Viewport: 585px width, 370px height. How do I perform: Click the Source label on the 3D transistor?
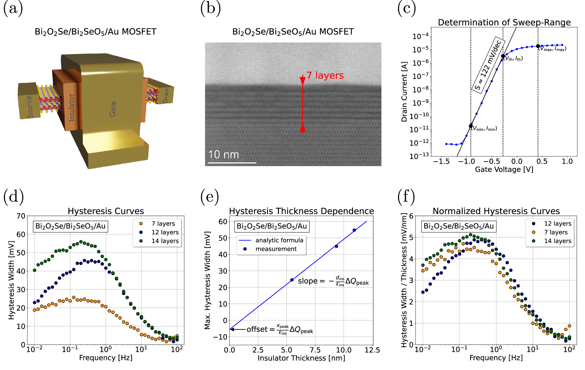[30, 106]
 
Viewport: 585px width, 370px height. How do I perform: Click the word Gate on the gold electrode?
[113, 109]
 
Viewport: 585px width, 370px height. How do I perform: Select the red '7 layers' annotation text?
[325, 75]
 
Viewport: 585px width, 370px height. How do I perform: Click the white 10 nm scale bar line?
[232, 163]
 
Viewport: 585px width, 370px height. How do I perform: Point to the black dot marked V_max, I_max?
[538, 46]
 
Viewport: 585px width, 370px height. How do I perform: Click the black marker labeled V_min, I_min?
[471, 126]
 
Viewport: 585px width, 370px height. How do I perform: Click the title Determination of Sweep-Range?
[504, 22]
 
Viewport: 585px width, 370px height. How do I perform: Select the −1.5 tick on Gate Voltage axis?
[441, 161]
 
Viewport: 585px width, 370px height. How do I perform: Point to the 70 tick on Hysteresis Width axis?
[21, 216]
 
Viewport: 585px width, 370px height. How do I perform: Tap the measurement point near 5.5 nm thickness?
[292, 280]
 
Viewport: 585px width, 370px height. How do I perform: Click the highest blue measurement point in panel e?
[354, 230]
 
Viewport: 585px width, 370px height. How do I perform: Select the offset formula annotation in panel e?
[280, 330]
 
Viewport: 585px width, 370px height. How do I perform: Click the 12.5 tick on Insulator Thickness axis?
[372, 350]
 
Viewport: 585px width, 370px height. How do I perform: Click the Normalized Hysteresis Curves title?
[496, 211]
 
